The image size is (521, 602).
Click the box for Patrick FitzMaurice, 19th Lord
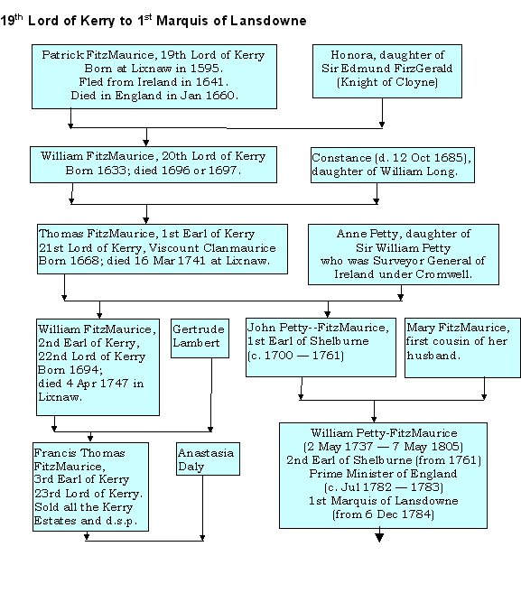[154, 77]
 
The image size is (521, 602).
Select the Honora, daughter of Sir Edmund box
[386, 71]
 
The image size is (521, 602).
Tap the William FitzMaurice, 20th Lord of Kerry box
[154, 164]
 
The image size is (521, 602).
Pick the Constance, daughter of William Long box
[392, 164]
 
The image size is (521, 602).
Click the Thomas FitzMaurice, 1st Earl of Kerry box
[163, 249]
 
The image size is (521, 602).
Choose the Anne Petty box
[404, 255]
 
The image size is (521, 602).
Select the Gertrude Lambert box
[200, 338]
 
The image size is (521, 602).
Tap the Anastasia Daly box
[208, 458]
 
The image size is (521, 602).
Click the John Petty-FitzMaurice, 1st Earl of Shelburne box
[321, 347]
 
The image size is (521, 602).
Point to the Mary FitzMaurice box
[462, 347]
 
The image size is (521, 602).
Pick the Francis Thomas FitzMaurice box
[90, 486]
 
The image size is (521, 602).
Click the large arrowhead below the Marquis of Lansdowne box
[379, 537]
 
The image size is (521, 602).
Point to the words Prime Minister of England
[383, 473]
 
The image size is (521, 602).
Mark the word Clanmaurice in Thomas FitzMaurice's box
[239, 248]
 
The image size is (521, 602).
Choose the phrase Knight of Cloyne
[386, 82]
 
